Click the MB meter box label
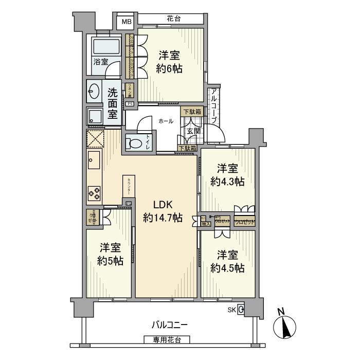tap(125, 23)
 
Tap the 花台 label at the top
tap(173, 19)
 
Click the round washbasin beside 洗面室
tap(94, 92)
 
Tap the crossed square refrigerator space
tap(96, 139)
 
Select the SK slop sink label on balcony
tap(232, 309)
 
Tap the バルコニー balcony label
tap(169, 325)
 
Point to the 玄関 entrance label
tap(193, 131)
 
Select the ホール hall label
tap(165, 121)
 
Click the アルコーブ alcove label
tap(213, 105)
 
